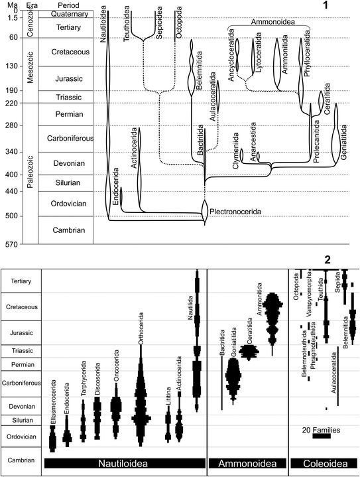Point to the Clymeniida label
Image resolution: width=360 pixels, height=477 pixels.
235,157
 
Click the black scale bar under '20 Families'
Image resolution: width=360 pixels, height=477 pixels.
321,437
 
